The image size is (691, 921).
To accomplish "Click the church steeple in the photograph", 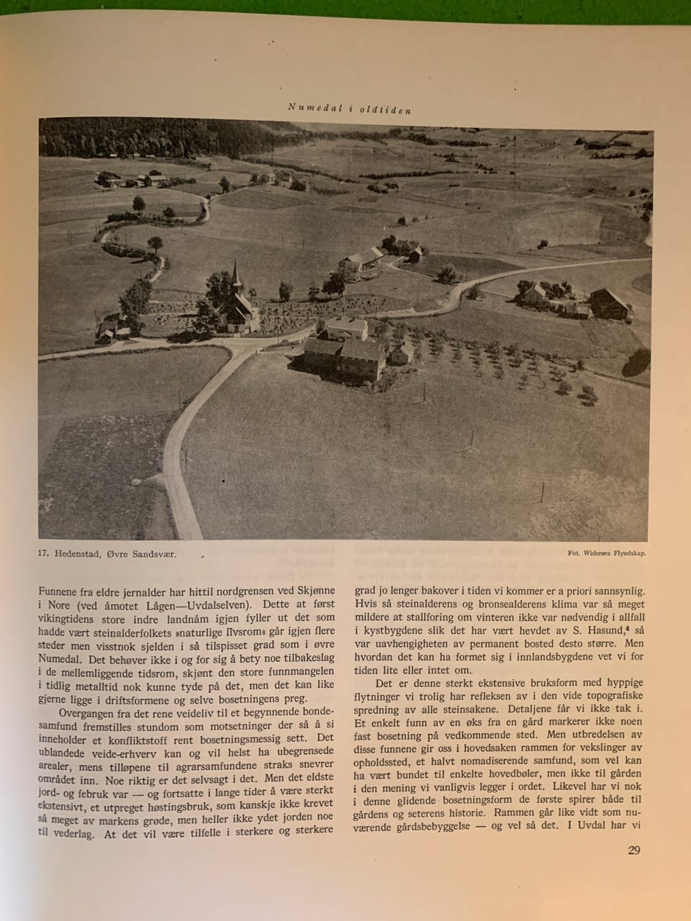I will pyautogui.click(x=235, y=276).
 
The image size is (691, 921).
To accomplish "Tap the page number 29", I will pyautogui.click(x=633, y=850).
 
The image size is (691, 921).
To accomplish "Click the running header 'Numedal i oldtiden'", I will pyautogui.click(x=348, y=108).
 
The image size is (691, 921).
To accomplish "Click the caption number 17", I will pyautogui.click(x=44, y=554).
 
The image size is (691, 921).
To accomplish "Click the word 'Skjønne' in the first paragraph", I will pyautogui.click(x=309, y=590).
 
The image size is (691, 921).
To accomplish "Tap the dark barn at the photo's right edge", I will pyautogui.click(x=608, y=303).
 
